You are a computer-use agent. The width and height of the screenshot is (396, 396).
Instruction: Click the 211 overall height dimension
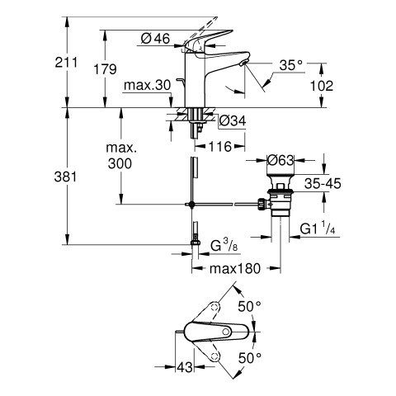tap(66, 63)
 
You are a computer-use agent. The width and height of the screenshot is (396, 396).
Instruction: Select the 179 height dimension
tap(105, 68)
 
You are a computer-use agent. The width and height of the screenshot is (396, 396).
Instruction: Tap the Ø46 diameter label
tap(155, 39)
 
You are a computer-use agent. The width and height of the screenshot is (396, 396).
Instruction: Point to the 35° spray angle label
tap(290, 65)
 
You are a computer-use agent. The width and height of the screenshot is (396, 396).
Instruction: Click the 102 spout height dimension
tap(322, 86)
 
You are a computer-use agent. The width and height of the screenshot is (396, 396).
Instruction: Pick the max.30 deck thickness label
tap(148, 85)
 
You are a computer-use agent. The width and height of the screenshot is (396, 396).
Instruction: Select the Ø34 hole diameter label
tap(233, 120)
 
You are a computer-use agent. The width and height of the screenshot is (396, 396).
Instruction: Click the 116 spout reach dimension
tap(220, 147)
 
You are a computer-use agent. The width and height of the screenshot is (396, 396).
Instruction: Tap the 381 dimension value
tap(65, 177)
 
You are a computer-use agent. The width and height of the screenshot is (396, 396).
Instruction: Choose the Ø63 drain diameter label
tap(280, 160)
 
